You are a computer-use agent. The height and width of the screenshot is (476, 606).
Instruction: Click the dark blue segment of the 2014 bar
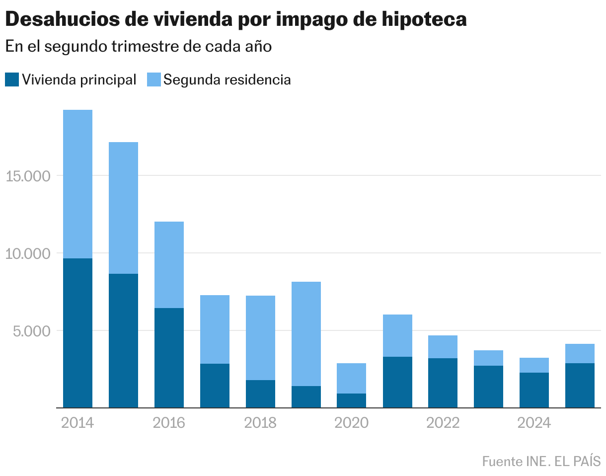coord(77,333)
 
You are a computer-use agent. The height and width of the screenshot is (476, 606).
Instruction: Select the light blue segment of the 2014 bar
coord(77,184)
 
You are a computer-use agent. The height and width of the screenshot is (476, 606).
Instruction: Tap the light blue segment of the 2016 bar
coord(169,265)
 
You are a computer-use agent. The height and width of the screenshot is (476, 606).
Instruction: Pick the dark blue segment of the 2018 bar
coord(260,394)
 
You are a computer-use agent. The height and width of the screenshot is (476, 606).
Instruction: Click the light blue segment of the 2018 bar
coord(260,338)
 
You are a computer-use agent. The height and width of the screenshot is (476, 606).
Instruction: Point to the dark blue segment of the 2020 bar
coord(351,400)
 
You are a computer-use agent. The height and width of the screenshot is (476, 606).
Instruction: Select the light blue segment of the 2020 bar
coord(351,378)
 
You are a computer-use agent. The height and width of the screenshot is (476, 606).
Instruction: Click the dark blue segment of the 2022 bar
coord(443,383)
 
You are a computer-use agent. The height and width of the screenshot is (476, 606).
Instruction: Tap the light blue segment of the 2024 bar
coord(534,365)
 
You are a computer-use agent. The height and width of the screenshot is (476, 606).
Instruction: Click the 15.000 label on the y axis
coord(28,176)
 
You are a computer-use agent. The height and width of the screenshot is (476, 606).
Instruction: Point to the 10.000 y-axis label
coord(28,253)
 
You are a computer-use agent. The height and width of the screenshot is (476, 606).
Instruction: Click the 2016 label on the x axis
coord(169,423)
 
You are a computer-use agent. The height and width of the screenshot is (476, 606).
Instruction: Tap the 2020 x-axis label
coord(351,423)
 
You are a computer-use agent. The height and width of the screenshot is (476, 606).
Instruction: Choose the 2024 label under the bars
coord(534,423)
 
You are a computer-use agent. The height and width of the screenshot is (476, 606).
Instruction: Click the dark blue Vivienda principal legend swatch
coord(12,79)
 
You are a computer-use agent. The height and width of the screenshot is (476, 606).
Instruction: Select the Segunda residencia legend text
coord(227,79)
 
